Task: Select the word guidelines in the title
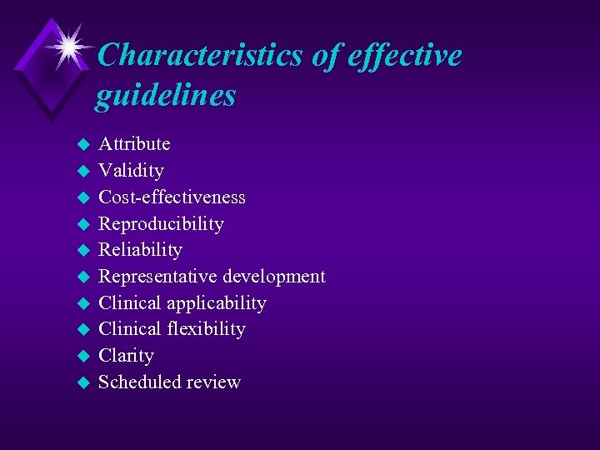click(x=165, y=96)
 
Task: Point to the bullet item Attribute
click(x=134, y=144)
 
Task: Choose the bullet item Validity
click(x=131, y=171)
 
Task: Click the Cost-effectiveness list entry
click(x=172, y=197)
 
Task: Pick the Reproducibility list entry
click(x=161, y=224)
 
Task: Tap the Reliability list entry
click(x=140, y=250)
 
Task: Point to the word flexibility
click(x=205, y=329)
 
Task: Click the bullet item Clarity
click(x=126, y=356)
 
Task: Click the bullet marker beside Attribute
click(x=82, y=145)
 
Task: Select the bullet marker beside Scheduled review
click(x=82, y=383)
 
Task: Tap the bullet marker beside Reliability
click(x=82, y=251)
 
